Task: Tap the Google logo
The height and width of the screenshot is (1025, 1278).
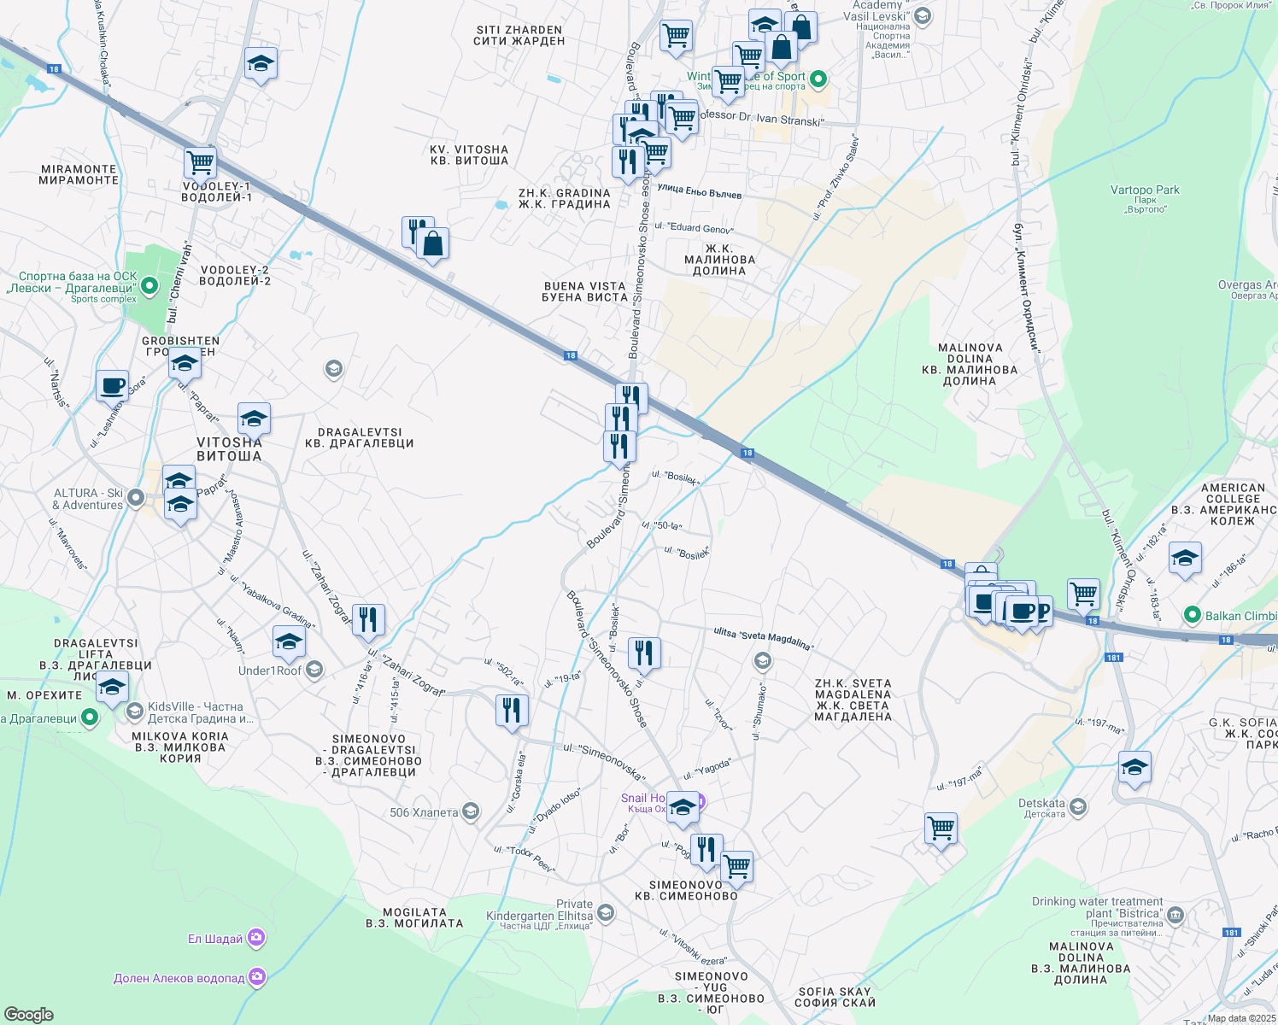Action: point(28,1014)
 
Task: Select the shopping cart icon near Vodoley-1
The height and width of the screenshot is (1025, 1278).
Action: point(200,161)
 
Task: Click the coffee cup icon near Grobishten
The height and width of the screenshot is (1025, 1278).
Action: point(112,385)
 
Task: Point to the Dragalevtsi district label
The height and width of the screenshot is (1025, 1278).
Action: point(359,438)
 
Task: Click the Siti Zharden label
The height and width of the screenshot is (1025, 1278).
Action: point(519,35)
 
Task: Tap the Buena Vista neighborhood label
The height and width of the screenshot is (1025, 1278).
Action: point(584,291)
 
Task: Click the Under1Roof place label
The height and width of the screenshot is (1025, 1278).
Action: point(270,671)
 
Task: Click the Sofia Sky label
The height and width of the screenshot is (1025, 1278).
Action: point(835,997)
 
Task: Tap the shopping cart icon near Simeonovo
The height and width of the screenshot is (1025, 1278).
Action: point(736,865)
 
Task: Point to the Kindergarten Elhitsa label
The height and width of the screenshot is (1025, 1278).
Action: point(540,916)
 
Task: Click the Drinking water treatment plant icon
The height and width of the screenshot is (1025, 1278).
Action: point(1175,915)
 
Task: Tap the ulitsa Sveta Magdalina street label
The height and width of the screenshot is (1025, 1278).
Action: point(763,637)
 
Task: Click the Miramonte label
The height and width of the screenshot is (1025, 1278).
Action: point(79,174)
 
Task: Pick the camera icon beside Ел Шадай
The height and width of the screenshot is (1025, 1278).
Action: point(256,938)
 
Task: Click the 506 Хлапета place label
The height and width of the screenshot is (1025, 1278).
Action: point(424,812)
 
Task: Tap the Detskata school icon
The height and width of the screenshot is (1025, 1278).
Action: point(1078,805)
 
